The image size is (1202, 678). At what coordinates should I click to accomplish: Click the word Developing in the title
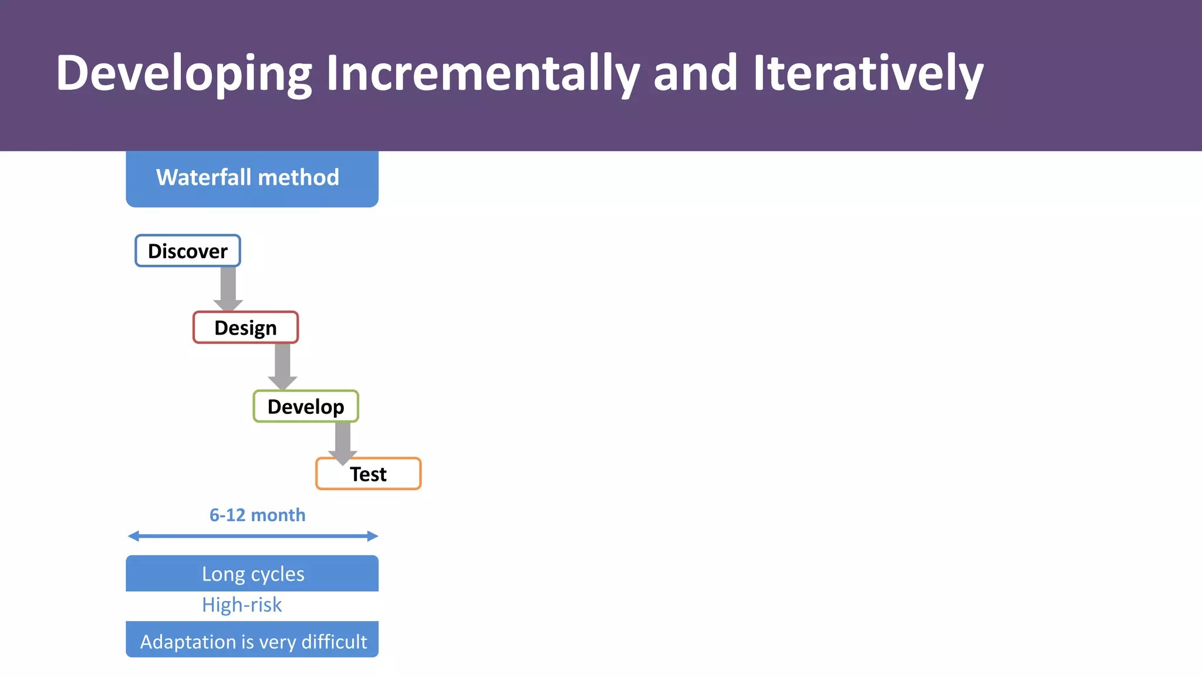pyautogui.click(x=183, y=73)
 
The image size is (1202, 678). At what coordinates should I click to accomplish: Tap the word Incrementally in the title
pyautogui.click(x=482, y=73)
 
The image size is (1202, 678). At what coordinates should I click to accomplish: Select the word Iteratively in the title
pyautogui.click(x=868, y=73)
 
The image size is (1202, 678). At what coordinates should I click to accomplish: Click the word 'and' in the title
pyautogui.click(x=695, y=73)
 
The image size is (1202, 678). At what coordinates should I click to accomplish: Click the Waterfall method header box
pyautogui.click(x=252, y=178)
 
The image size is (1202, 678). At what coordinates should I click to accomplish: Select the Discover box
pyautogui.click(x=188, y=251)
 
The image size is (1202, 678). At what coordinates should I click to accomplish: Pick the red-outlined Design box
pyautogui.click(x=245, y=328)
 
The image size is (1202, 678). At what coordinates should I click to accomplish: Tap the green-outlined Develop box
pyautogui.click(x=306, y=406)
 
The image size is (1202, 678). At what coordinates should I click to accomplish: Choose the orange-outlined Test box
pyautogui.click(x=369, y=474)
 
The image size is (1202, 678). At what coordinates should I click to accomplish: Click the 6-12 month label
pyautogui.click(x=257, y=515)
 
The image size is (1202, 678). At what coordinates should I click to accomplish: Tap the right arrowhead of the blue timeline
pyautogui.click(x=372, y=536)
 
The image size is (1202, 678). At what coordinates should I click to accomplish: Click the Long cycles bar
pyautogui.click(x=252, y=574)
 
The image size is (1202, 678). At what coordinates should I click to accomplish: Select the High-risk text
pyautogui.click(x=242, y=605)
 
